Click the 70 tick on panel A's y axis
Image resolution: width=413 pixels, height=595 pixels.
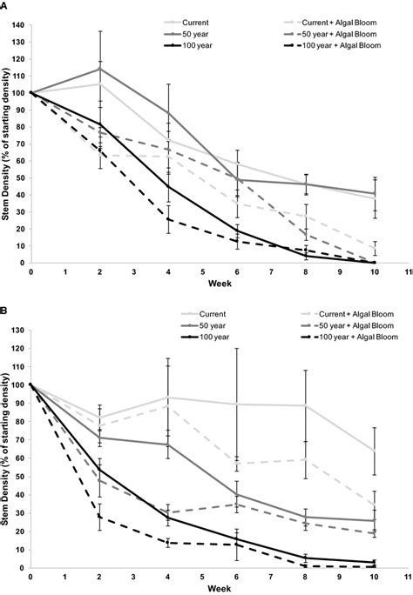(18, 144)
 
